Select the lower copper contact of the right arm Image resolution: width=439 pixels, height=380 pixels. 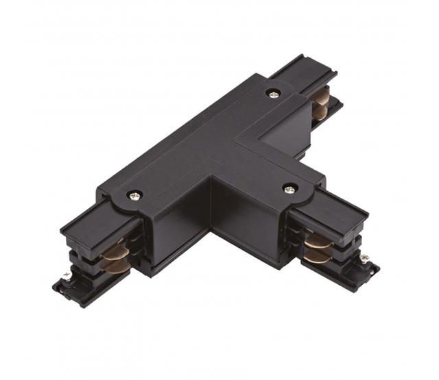coord(318,256)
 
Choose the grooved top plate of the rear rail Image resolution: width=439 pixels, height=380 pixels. coord(302,70)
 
